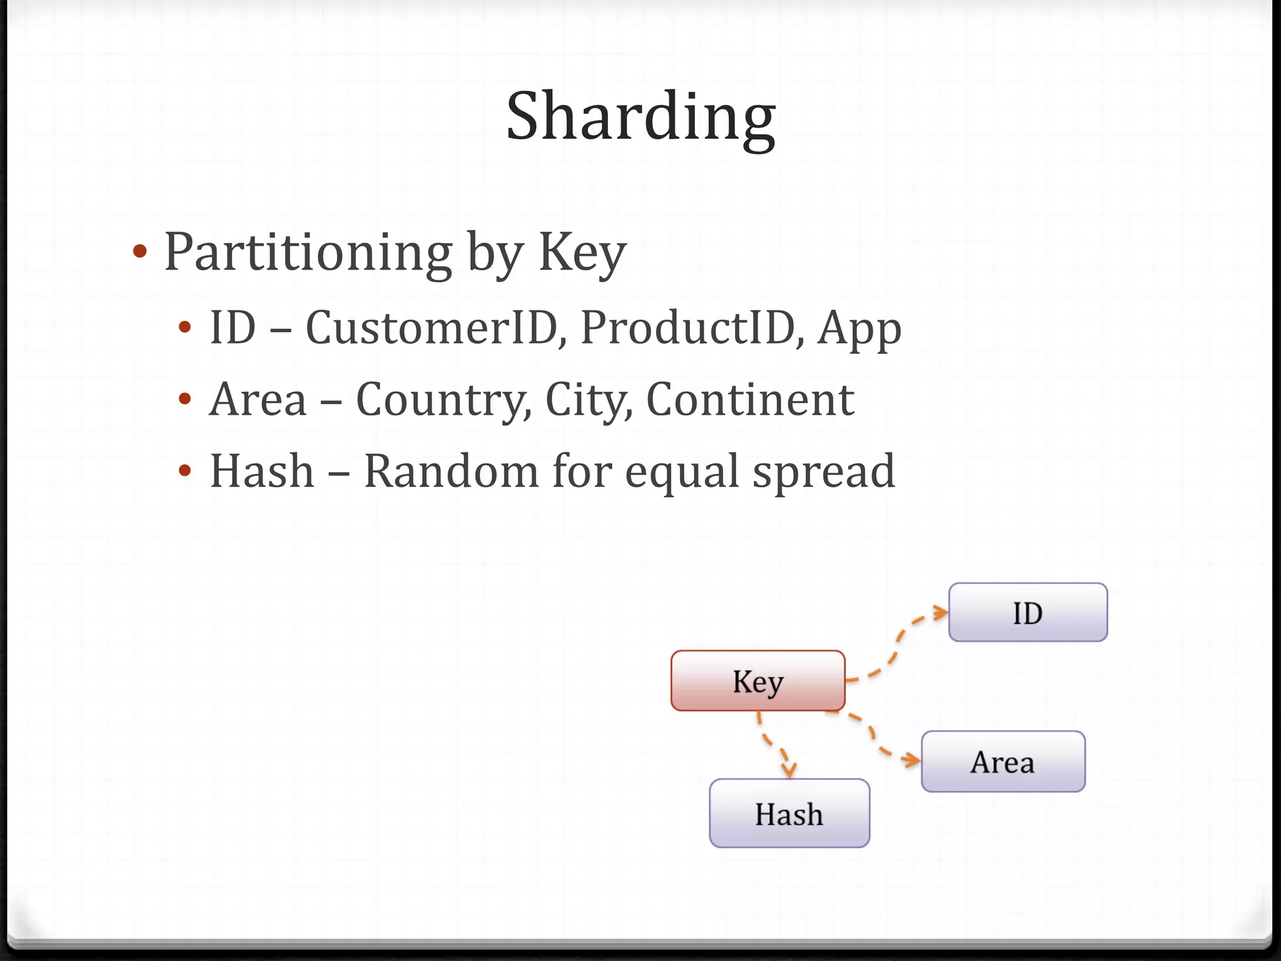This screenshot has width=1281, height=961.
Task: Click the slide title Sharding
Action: (640, 117)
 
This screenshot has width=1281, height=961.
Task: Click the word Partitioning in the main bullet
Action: (308, 252)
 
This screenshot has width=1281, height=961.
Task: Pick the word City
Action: (584, 400)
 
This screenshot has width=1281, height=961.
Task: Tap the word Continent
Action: (749, 399)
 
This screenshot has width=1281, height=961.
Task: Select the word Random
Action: (450, 471)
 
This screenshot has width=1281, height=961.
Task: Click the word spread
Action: (823, 472)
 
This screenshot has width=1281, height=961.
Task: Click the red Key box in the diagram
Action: (757, 681)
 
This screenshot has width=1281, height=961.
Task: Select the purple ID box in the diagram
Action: (1028, 613)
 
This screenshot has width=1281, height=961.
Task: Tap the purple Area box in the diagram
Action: (1003, 761)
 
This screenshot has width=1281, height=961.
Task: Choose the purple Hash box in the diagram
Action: (789, 813)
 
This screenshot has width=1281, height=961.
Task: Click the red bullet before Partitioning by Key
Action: (140, 252)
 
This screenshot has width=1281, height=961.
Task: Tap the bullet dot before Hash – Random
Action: (184, 471)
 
